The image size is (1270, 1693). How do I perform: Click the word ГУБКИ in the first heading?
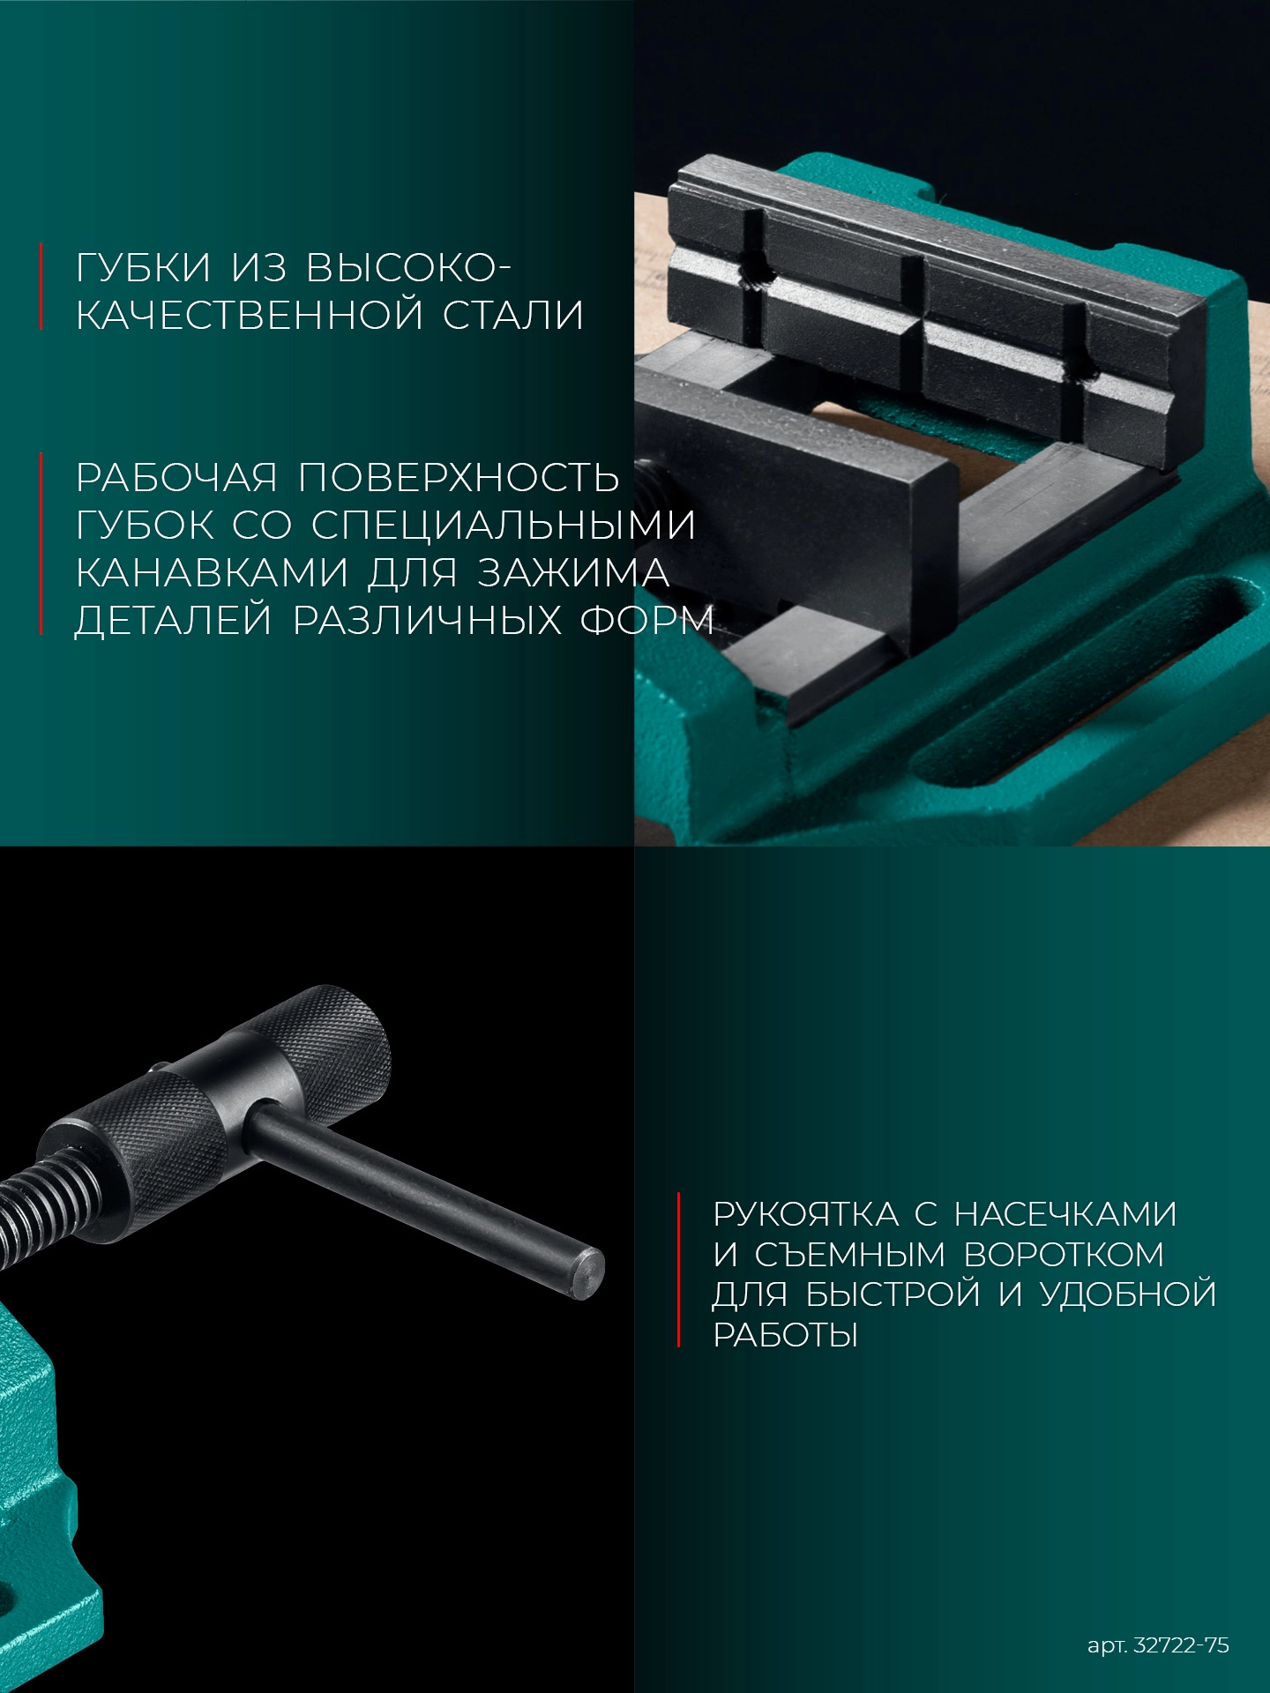[144, 268]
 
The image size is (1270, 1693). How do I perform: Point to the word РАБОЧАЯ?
[176, 478]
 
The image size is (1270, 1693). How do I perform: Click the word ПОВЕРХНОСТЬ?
[459, 478]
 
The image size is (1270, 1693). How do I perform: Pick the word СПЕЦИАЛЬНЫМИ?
[504, 526]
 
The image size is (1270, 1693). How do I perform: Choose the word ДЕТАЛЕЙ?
[174, 621]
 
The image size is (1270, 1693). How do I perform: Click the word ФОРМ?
[646, 621]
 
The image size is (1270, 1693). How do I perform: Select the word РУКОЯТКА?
[805, 1214]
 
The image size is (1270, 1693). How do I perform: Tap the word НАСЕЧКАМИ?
[1066, 1214]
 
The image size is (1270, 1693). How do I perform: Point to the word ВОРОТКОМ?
[1064, 1255]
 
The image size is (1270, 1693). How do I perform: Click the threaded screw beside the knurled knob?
[26, 1212]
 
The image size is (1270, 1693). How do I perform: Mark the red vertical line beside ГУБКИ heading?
[41, 287]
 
